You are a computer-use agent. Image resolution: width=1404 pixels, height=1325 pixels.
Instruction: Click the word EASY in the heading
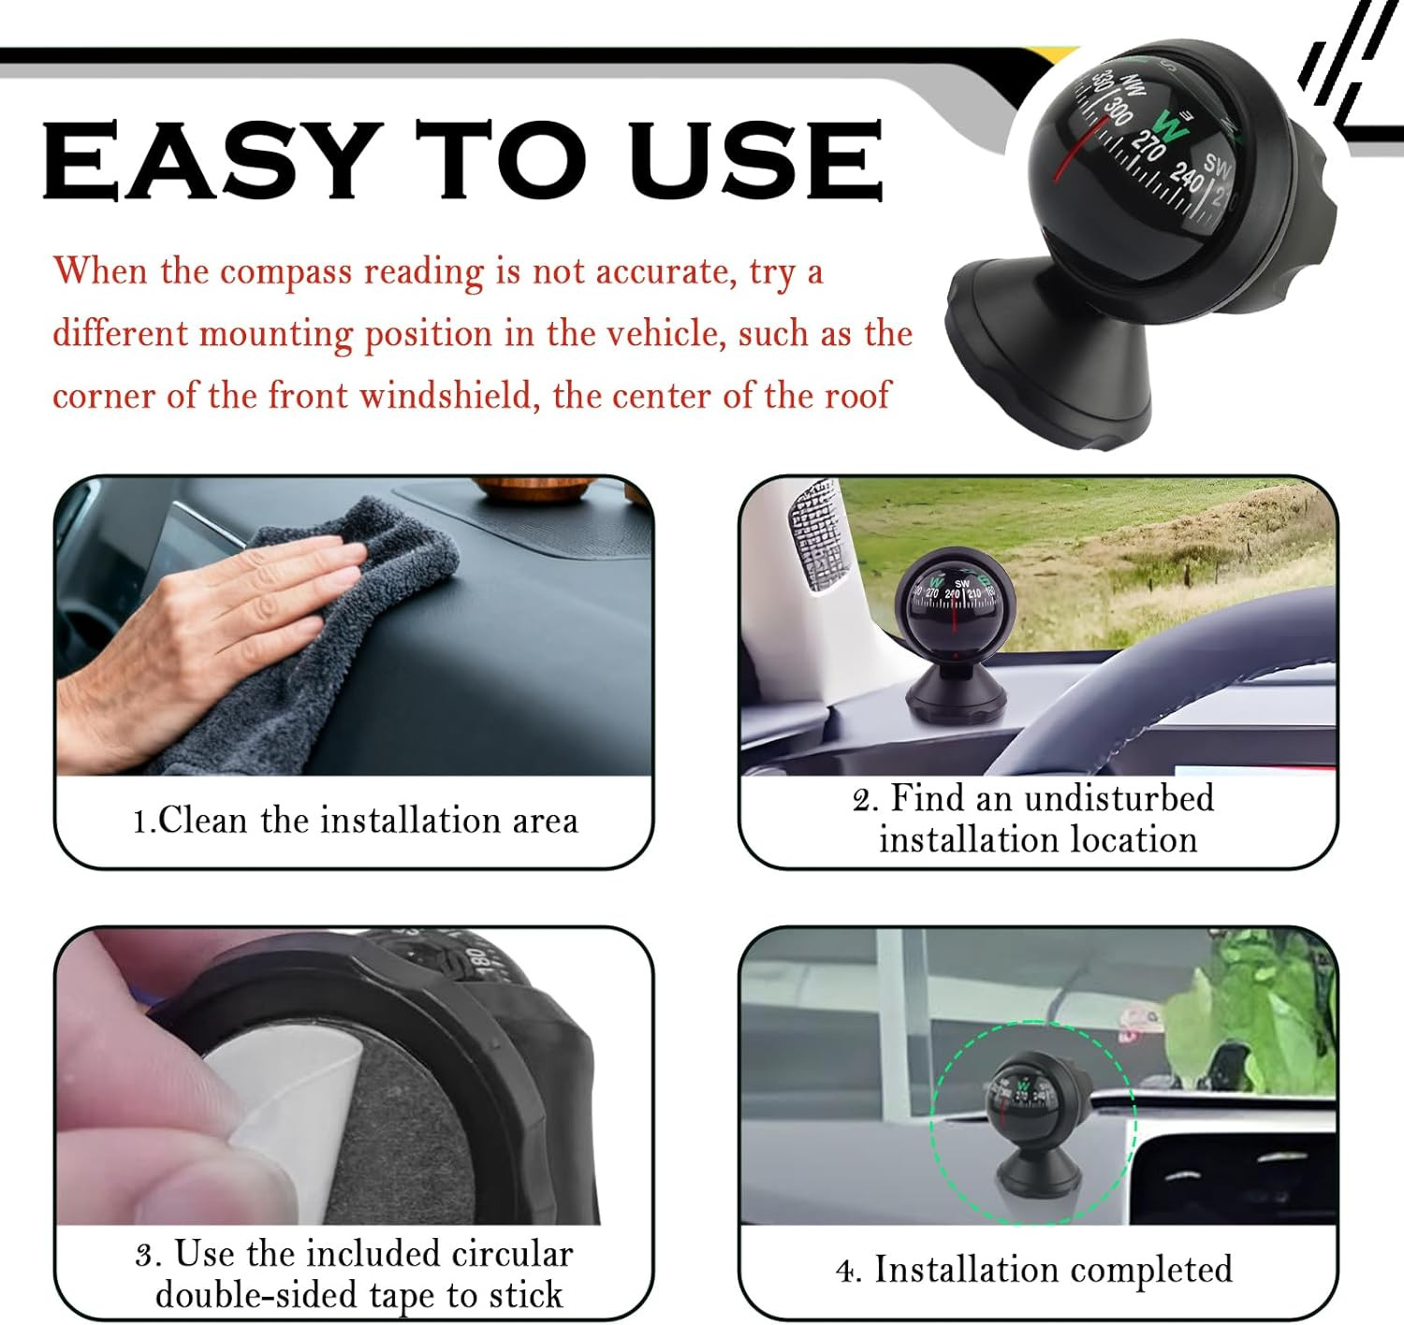coord(212,160)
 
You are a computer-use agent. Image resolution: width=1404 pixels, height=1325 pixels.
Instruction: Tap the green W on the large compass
coord(1169,125)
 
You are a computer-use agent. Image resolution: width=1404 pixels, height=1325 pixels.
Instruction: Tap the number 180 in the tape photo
coord(475,962)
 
